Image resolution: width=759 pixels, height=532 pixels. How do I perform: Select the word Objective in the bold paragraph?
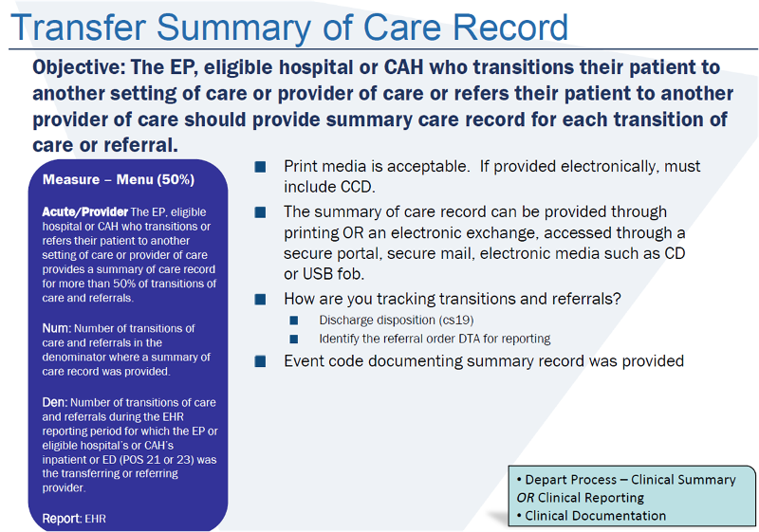[78, 68]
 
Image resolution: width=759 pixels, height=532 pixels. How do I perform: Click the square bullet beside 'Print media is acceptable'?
[260, 167]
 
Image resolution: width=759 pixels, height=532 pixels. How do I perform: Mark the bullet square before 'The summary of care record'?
[260, 212]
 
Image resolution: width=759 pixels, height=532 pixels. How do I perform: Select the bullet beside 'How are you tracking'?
[260, 300]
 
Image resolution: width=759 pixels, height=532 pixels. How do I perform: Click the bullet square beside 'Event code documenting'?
[260, 361]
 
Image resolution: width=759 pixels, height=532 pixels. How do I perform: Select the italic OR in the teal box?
[525, 498]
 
